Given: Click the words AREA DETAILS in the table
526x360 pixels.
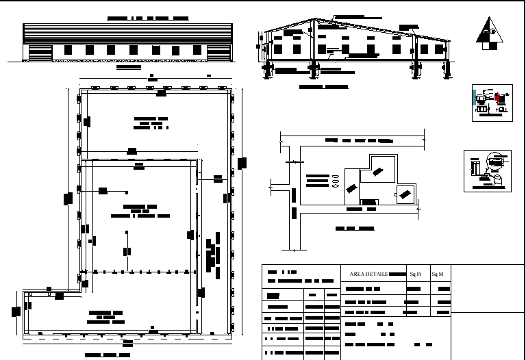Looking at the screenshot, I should [368, 274].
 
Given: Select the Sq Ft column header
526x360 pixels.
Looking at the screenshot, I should [415, 274].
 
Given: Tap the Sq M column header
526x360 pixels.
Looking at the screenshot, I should [438, 274].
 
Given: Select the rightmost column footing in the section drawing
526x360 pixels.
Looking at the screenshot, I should [448, 70].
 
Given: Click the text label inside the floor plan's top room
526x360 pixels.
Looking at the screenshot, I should [151, 123].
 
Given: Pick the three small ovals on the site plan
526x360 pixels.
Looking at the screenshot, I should [336, 180].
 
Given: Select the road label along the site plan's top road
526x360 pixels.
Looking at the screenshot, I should [359, 140].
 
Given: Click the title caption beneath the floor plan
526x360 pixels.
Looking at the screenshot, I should [108, 356].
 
